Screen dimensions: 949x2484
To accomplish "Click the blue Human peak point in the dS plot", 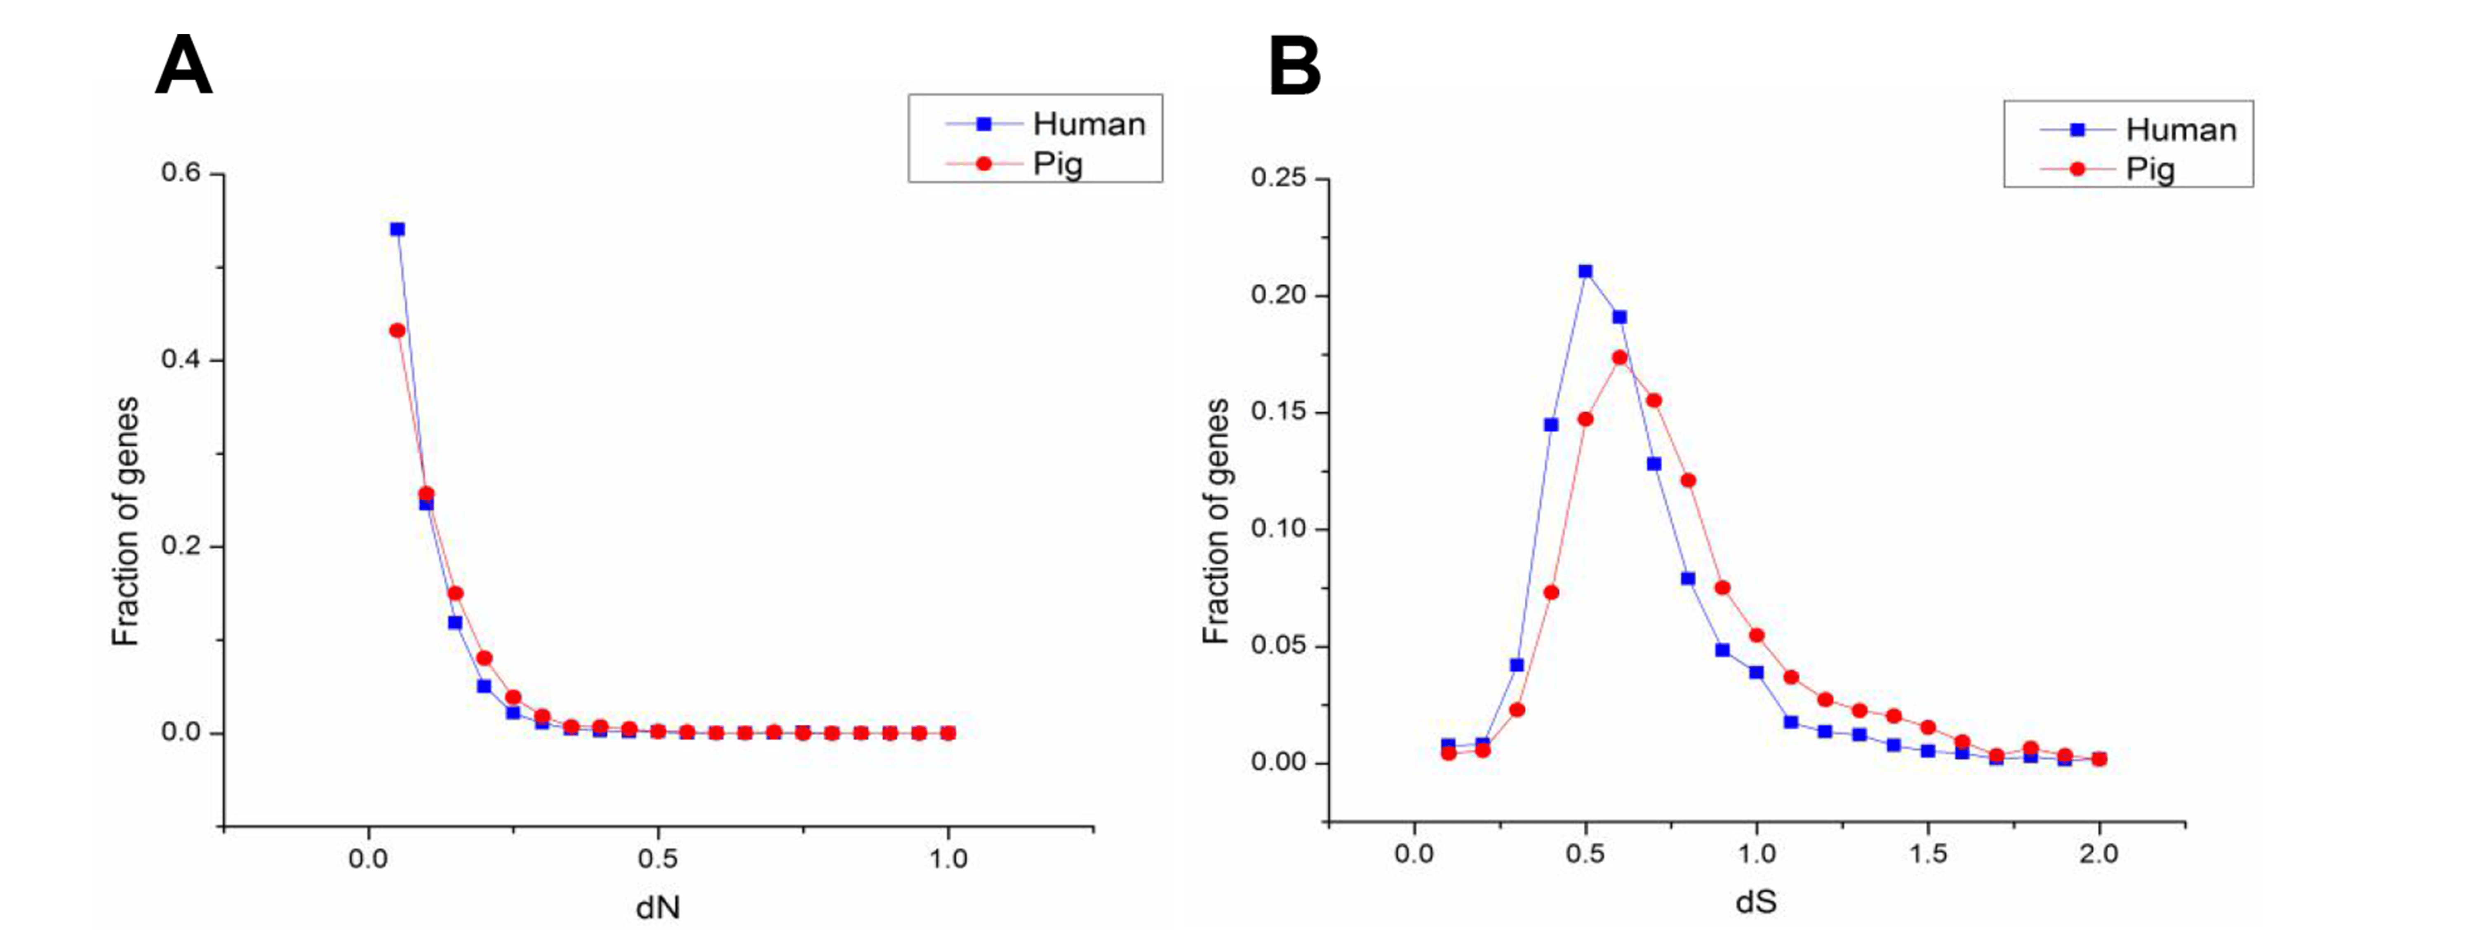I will coord(1585,271).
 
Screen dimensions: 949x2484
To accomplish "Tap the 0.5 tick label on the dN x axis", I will coord(658,858).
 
